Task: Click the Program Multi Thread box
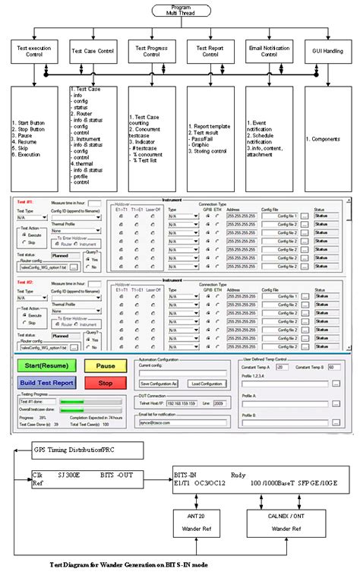click(x=179, y=11)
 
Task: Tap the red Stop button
click(x=105, y=382)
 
